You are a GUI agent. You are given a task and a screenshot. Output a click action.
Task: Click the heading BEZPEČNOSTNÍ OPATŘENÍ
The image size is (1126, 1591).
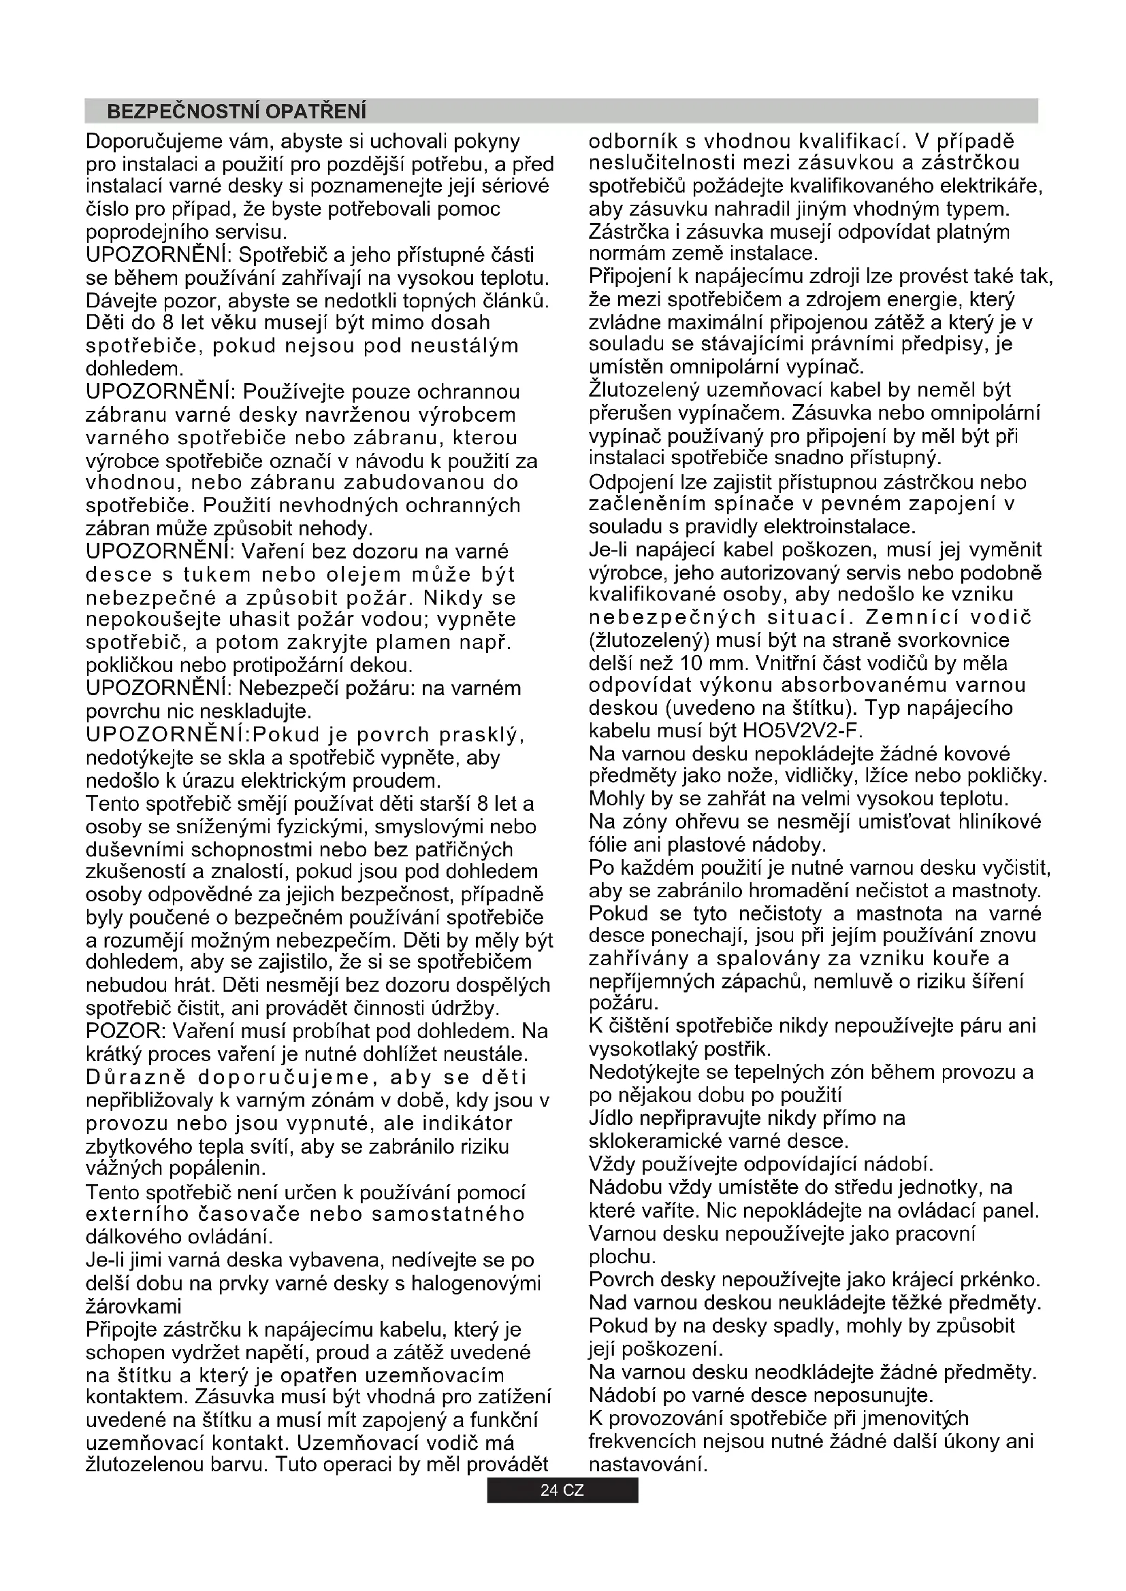click(236, 112)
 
